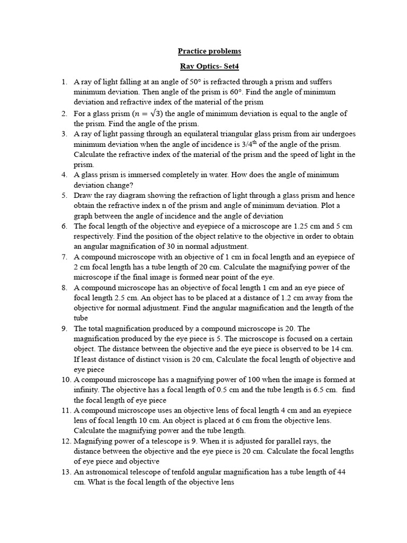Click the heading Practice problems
click(x=209, y=51)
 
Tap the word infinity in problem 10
click(x=87, y=390)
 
